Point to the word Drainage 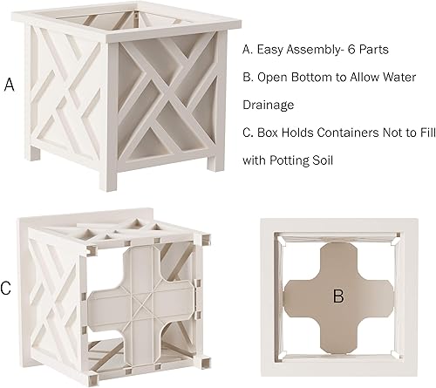point(269,104)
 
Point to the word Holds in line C point(301,134)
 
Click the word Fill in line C point(421,134)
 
